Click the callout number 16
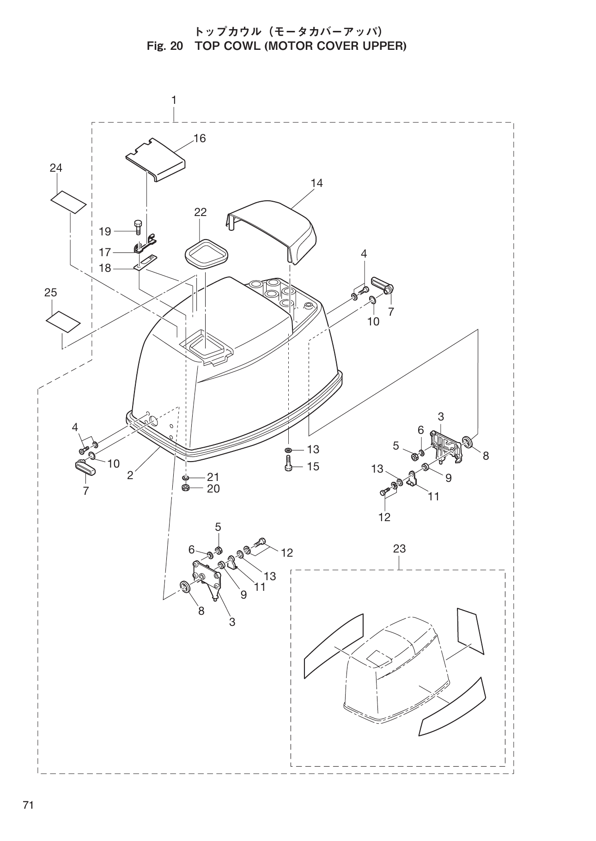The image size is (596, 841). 200,138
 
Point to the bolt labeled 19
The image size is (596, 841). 138,227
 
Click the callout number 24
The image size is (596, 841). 56,168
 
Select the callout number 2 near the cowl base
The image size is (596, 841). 130,475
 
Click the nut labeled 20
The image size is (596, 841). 186,488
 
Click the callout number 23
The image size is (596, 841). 399,548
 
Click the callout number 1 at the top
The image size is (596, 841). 174,100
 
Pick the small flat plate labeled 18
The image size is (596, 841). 147,262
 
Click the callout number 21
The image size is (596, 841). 213,477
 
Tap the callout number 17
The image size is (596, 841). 105,252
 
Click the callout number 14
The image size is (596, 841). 316,183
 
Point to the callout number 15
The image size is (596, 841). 313,467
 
